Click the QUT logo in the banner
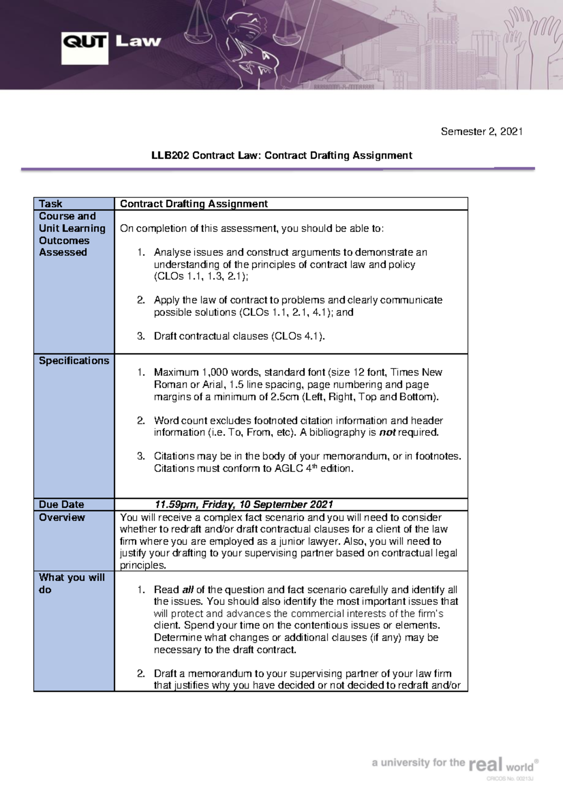84,47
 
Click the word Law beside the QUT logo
138,42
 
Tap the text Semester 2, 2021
481,131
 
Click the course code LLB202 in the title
170,155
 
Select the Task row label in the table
51,204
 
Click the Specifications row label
74,360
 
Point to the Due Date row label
61,505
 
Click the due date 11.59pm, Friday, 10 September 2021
243,505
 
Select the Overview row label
61,517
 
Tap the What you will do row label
71,583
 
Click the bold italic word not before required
387,432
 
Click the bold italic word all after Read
188,590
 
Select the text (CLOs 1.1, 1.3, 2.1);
201,276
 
